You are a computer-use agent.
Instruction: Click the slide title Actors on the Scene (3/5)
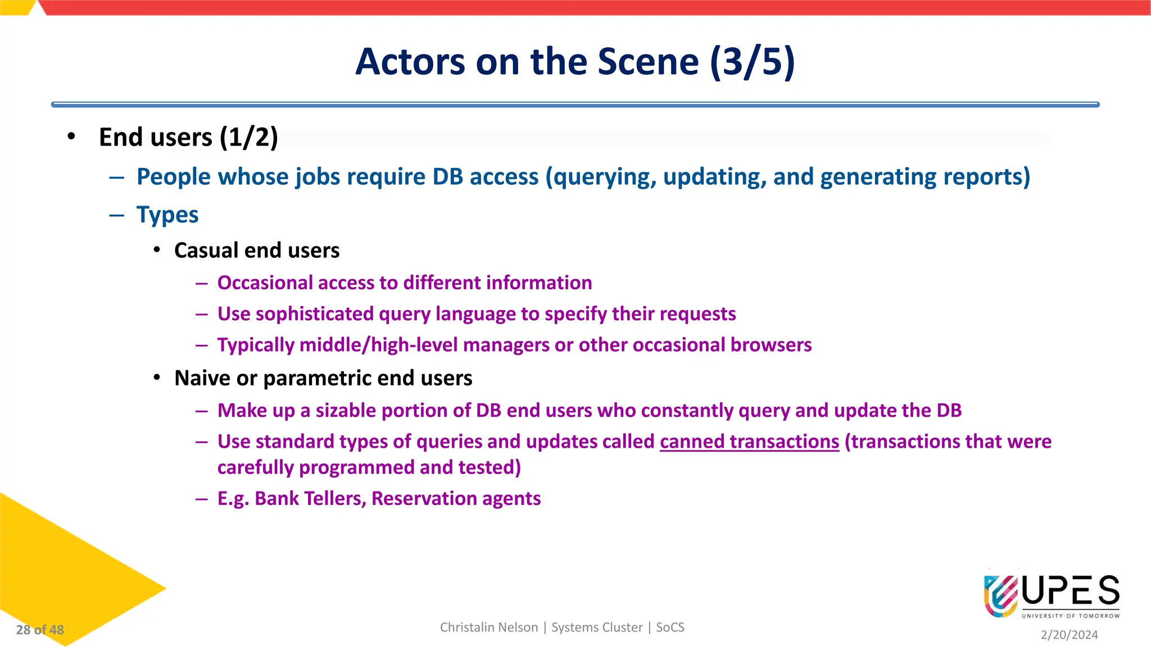click(x=575, y=61)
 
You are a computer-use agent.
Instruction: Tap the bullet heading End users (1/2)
click(x=188, y=138)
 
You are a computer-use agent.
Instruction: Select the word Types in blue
click(x=167, y=215)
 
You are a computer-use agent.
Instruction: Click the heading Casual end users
click(x=257, y=250)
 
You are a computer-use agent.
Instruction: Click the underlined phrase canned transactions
click(x=749, y=442)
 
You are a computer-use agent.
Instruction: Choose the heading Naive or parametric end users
click(x=323, y=379)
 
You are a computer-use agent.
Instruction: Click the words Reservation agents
click(x=456, y=499)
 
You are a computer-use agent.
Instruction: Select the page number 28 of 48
click(x=40, y=630)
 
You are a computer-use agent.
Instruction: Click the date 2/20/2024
click(x=1069, y=635)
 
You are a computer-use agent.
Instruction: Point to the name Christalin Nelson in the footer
click(x=488, y=627)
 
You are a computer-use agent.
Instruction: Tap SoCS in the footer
click(x=670, y=627)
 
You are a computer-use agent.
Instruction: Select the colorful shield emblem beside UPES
click(x=1001, y=596)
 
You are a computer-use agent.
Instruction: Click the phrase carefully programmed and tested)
click(x=369, y=468)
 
